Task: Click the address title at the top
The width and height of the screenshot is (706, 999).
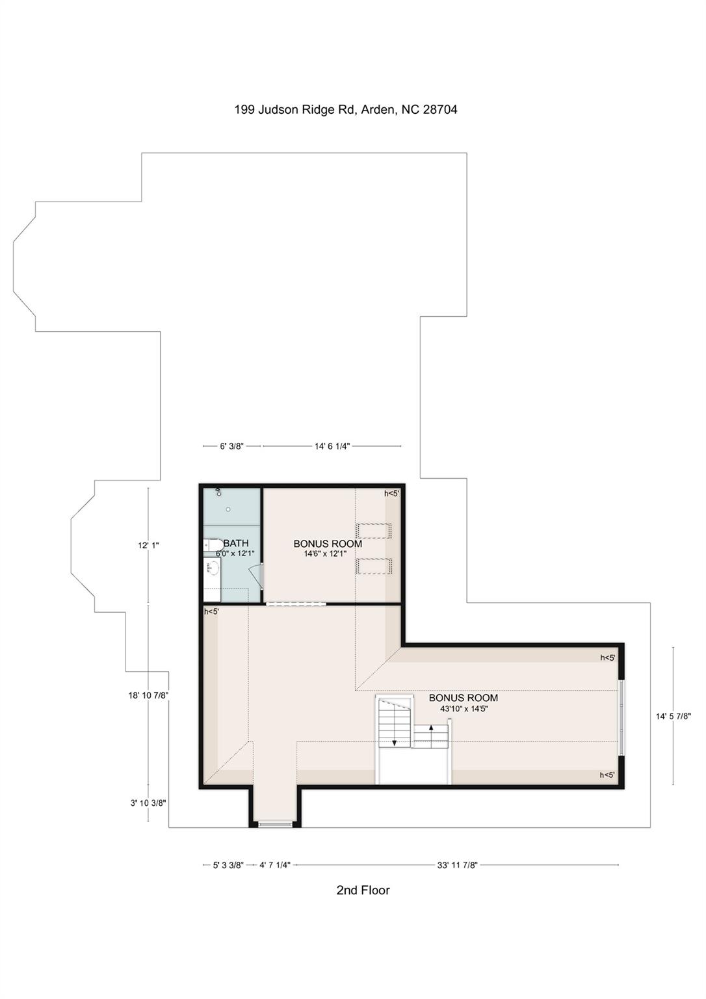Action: coord(345,110)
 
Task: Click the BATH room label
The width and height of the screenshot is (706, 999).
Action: coord(236,543)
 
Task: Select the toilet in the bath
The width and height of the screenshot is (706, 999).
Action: coord(213,545)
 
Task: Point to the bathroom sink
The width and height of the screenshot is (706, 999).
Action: coord(213,568)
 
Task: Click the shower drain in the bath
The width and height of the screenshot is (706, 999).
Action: coord(228,509)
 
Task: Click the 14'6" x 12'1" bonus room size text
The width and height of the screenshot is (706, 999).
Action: coord(325,553)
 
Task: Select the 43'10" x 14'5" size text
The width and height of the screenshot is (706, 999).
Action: coord(464,709)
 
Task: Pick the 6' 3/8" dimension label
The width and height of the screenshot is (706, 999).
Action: coord(231,446)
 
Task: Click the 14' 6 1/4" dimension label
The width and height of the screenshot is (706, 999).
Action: coord(332,446)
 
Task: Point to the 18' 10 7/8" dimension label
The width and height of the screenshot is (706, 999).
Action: coord(148,695)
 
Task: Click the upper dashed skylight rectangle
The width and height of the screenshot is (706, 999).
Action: coord(373,531)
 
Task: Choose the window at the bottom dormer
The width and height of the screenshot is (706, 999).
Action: coord(275,824)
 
